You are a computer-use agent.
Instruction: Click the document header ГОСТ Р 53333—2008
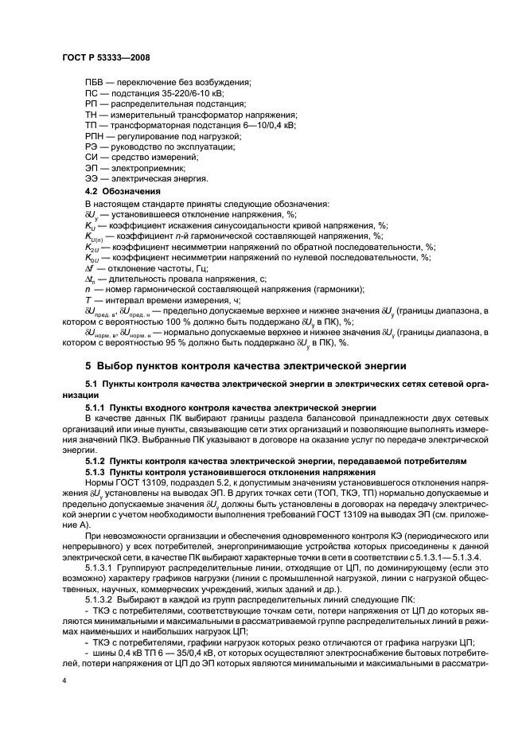coord(106,57)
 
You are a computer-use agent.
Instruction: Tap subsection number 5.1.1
coord(99,407)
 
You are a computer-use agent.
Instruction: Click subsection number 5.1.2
coord(99,461)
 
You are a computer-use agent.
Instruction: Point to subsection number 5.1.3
coord(99,472)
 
